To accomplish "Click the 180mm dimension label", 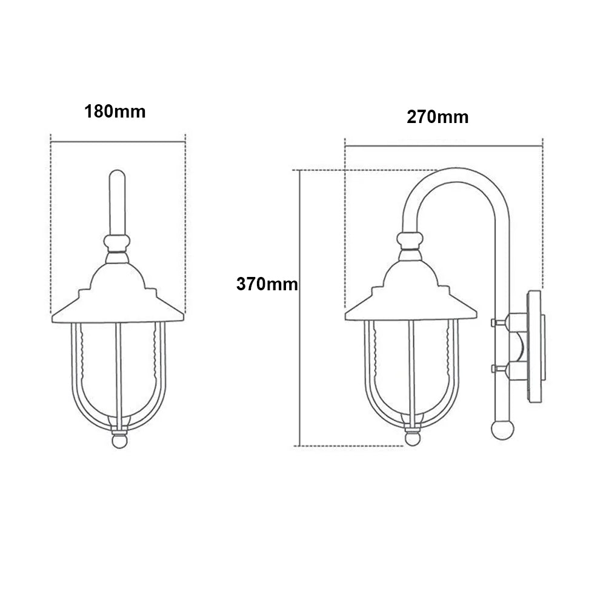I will point(115,112).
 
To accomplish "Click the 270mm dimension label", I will point(438,117).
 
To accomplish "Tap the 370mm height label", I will point(267,284).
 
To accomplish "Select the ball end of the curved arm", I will point(501,429).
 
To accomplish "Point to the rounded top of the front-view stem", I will point(118,175).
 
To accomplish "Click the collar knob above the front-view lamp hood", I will point(118,244).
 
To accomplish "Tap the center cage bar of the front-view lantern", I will point(119,370).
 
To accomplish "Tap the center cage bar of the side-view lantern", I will point(412,370).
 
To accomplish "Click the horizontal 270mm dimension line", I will point(442,146).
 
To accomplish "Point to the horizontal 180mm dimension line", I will point(118,141).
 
